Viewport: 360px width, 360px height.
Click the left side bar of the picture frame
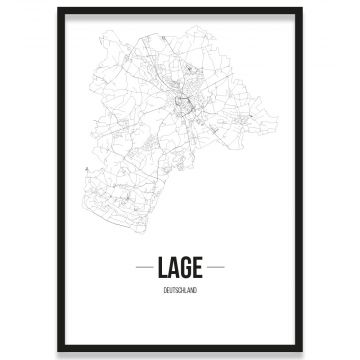pyautogui.click(x=59, y=180)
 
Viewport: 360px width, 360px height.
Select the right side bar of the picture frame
pyautogui.click(x=300, y=180)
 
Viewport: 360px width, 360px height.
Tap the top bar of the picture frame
pyautogui.click(x=180, y=9)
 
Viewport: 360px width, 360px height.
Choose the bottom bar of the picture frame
pyautogui.click(x=180, y=350)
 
